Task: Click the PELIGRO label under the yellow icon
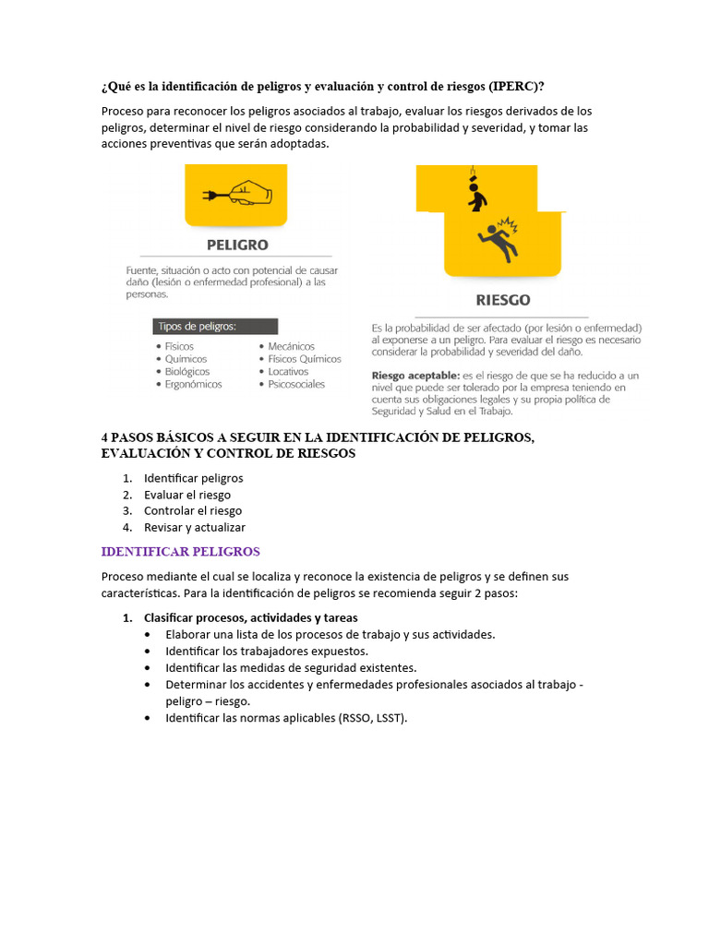[x=237, y=245]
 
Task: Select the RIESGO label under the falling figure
[x=502, y=300]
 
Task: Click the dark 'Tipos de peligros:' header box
[x=215, y=327]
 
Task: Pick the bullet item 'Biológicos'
[x=187, y=372]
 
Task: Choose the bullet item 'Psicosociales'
[x=296, y=385]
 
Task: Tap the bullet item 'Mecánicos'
[x=291, y=346]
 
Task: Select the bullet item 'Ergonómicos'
[x=193, y=385]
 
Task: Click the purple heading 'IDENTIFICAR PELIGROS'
[x=181, y=552]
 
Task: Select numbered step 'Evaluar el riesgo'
[x=187, y=495]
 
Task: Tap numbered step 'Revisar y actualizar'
[x=195, y=527]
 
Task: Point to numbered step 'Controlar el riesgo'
[x=193, y=511]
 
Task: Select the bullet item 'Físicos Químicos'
[x=305, y=359]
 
